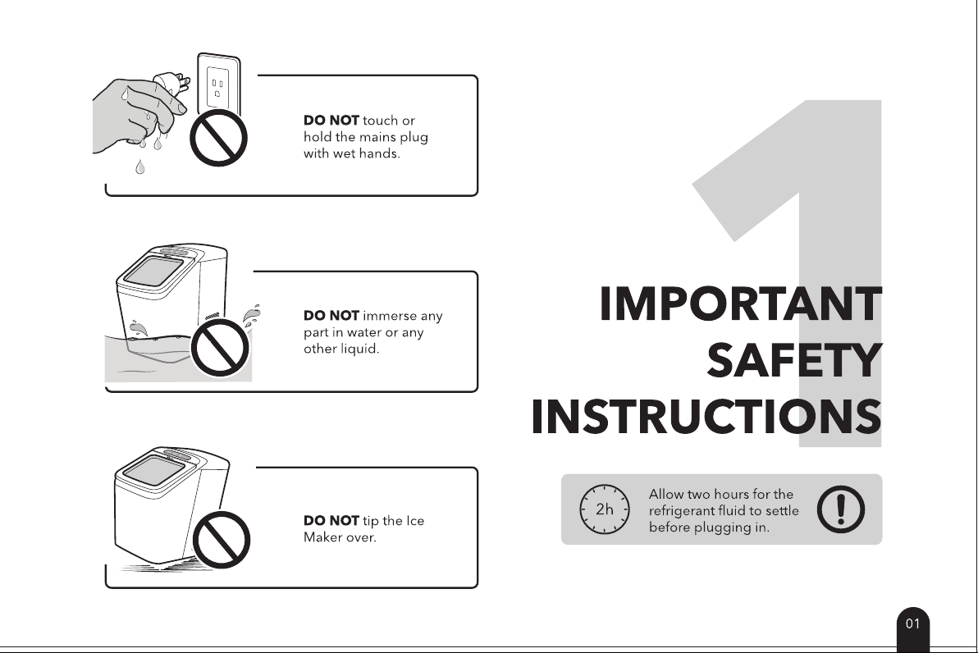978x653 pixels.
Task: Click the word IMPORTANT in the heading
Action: tap(740, 304)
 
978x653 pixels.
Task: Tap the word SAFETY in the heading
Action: tap(794, 361)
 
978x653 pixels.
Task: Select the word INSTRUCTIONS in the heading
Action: tap(706, 417)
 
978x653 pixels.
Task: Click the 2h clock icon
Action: tap(605, 509)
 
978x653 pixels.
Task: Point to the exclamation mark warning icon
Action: tap(841, 509)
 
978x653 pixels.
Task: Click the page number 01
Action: tap(913, 623)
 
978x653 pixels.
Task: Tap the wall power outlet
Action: tap(218, 84)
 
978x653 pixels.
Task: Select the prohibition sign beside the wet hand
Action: tap(218, 138)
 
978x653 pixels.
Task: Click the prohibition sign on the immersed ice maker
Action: tap(220, 348)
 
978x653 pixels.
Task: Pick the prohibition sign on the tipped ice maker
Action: tap(221, 540)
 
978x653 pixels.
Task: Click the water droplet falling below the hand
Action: tap(139, 167)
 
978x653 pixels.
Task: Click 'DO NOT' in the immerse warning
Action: tap(331, 316)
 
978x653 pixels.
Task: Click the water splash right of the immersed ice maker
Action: tap(251, 316)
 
